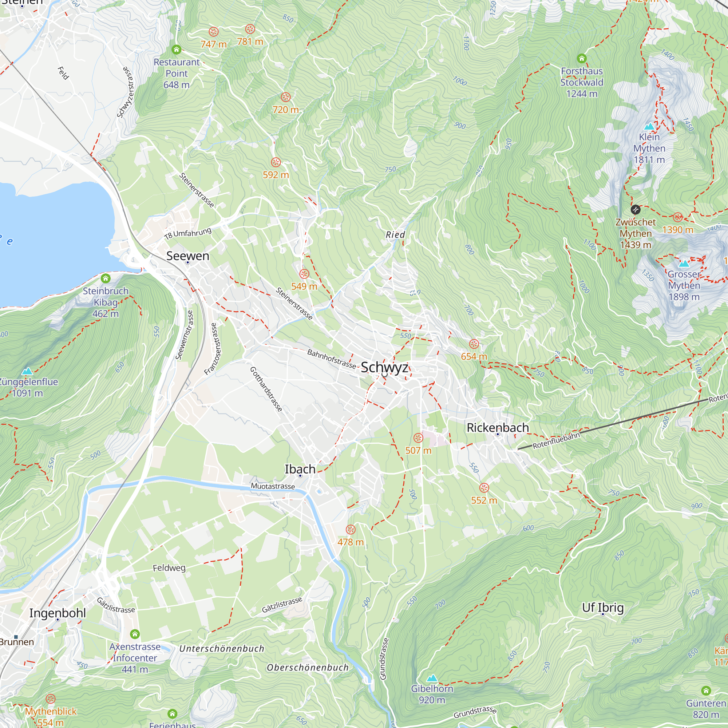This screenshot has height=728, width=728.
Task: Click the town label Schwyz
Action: click(384, 367)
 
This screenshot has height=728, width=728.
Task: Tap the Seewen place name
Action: click(188, 256)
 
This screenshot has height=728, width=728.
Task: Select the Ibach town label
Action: click(300, 469)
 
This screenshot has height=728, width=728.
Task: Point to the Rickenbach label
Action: click(498, 428)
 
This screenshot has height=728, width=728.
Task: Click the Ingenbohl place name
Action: click(58, 613)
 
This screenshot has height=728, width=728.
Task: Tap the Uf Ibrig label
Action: click(603, 608)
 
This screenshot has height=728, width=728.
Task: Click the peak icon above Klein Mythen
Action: click(649, 127)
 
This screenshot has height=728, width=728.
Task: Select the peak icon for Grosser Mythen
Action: click(684, 264)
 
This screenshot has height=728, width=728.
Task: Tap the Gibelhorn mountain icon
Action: click(432, 678)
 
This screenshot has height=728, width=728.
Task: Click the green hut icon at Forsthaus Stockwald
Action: click(582, 58)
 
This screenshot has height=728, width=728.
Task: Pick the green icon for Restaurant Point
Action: click(176, 50)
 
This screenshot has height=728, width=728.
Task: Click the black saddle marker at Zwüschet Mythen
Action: click(635, 210)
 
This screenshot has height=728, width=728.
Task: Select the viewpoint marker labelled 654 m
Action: click(474, 344)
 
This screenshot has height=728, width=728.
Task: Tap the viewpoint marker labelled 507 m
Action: click(418, 438)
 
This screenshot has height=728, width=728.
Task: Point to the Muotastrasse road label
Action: click(273, 486)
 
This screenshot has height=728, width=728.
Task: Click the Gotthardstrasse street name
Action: click(266, 389)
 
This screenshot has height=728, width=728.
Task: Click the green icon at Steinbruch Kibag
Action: click(106, 278)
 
